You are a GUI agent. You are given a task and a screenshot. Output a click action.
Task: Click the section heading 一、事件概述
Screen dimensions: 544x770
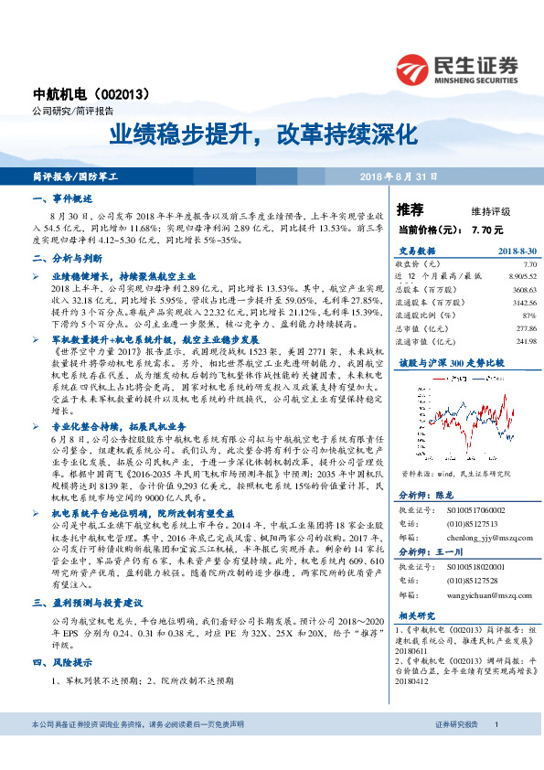coord(60,198)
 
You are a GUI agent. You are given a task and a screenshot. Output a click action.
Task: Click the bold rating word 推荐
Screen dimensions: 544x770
coord(413,209)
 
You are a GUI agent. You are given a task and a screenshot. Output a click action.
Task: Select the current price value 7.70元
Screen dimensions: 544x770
coord(488,229)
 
